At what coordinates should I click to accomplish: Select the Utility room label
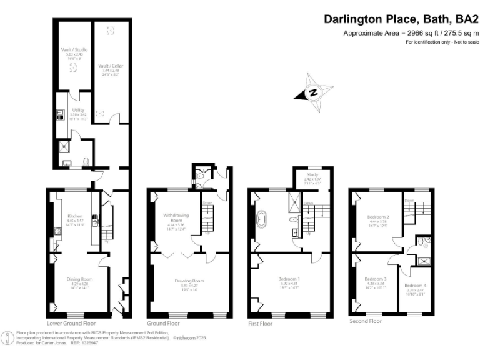(x=78, y=109)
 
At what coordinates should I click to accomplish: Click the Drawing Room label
(x=189, y=281)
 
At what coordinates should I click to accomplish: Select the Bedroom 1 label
(x=289, y=279)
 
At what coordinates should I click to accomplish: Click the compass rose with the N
(x=314, y=92)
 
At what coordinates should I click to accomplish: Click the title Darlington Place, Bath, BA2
(x=401, y=19)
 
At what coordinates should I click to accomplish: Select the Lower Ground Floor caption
(x=71, y=324)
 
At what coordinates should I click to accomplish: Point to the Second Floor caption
(x=365, y=321)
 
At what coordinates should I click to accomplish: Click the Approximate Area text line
(x=411, y=33)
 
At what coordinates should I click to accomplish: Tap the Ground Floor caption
(x=163, y=324)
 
